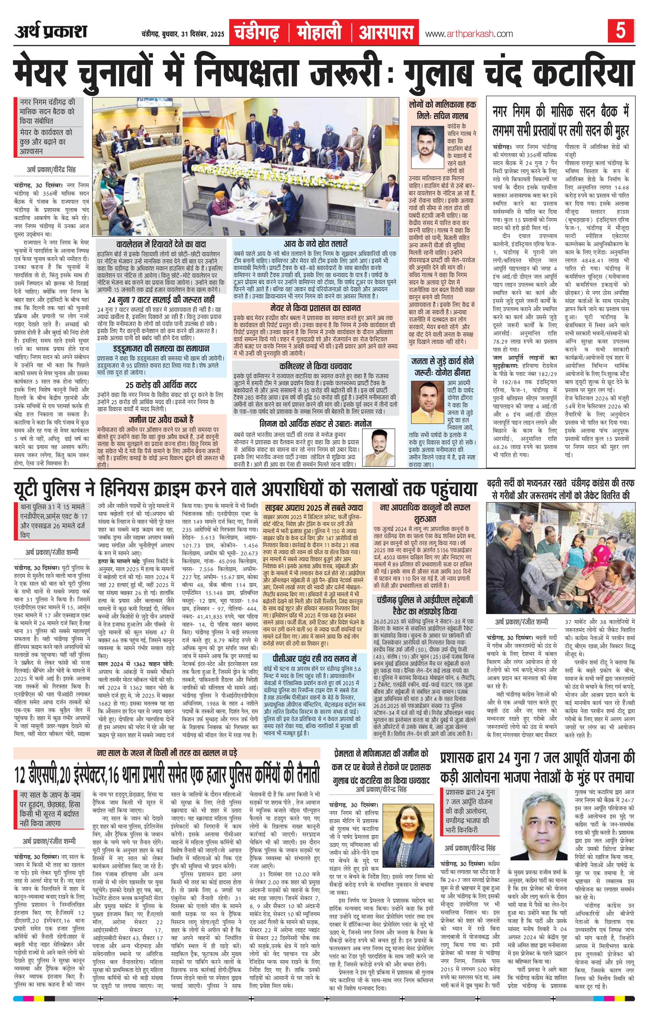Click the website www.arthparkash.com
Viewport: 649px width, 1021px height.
coord(468,34)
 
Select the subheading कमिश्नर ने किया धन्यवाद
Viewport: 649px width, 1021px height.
coord(316,366)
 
